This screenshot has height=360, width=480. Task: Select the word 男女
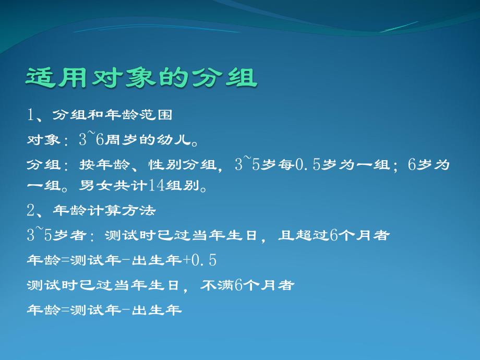[91, 186]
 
